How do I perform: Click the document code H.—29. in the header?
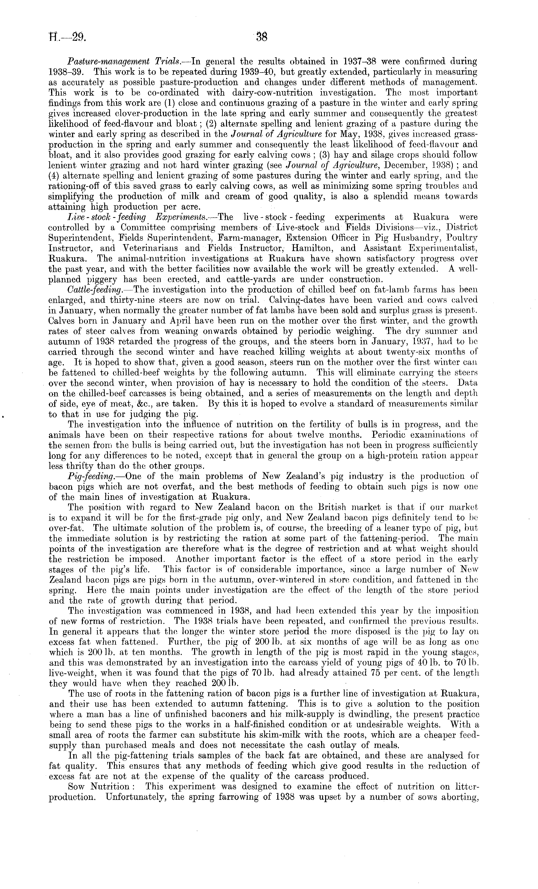pyautogui.click(x=67, y=37)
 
